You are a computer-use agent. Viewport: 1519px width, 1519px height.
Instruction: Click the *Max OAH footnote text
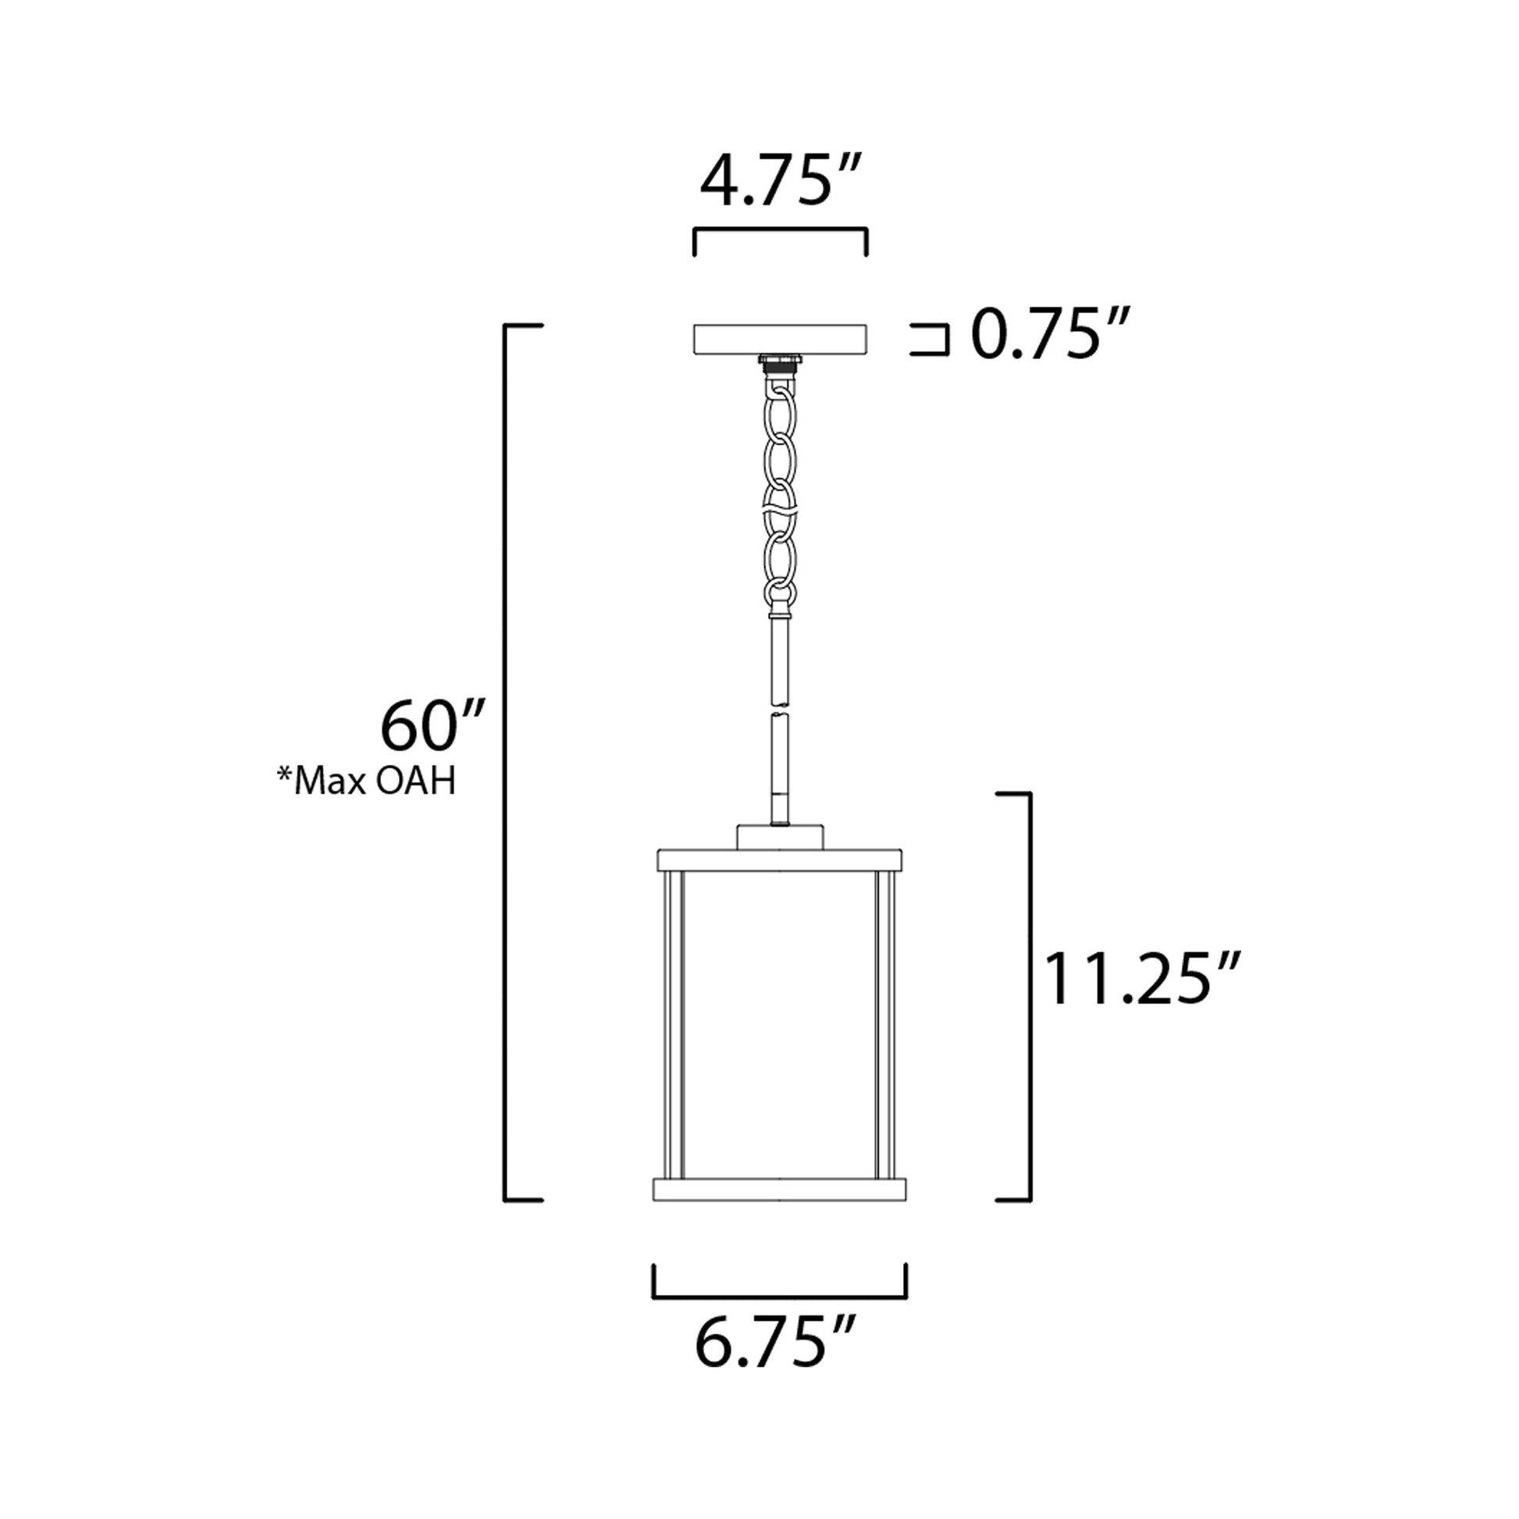[x=365, y=782]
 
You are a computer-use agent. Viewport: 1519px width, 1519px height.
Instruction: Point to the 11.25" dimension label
[x=1140, y=980]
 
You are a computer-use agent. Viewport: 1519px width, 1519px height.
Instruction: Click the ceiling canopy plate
[x=779, y=339]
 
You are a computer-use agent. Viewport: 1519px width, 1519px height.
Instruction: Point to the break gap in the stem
[x=779, y=707]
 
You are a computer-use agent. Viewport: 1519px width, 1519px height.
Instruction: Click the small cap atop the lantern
[x=779, y=837]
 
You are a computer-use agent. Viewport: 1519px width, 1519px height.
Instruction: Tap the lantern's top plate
[x=779, y=859]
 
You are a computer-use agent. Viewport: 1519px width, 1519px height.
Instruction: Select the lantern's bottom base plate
[x=779, y=1211]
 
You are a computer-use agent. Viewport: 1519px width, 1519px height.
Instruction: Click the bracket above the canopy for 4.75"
[x=779, y=230]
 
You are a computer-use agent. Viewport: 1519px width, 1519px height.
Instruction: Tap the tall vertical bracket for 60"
[x=506, y=770]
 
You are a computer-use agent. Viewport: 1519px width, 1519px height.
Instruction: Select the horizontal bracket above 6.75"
[x=779, y=1297]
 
